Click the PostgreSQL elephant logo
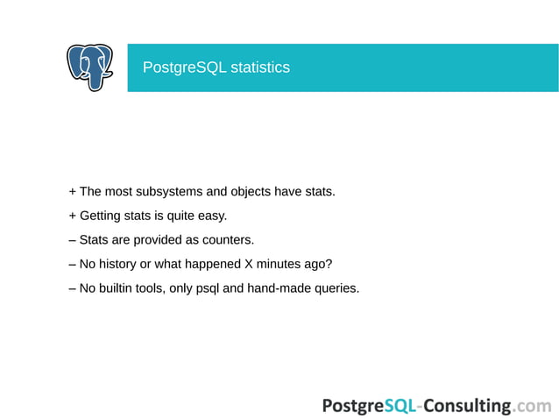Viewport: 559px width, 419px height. pos(90,67)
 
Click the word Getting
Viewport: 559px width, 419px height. pos(101,216)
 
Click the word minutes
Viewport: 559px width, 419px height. pos(279,264)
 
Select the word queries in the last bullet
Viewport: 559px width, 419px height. pos(336,288)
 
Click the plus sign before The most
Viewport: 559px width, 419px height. pos(72,192)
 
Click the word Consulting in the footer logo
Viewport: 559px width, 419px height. pos(469,405)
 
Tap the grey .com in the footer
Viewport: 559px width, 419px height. pos(534,406)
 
